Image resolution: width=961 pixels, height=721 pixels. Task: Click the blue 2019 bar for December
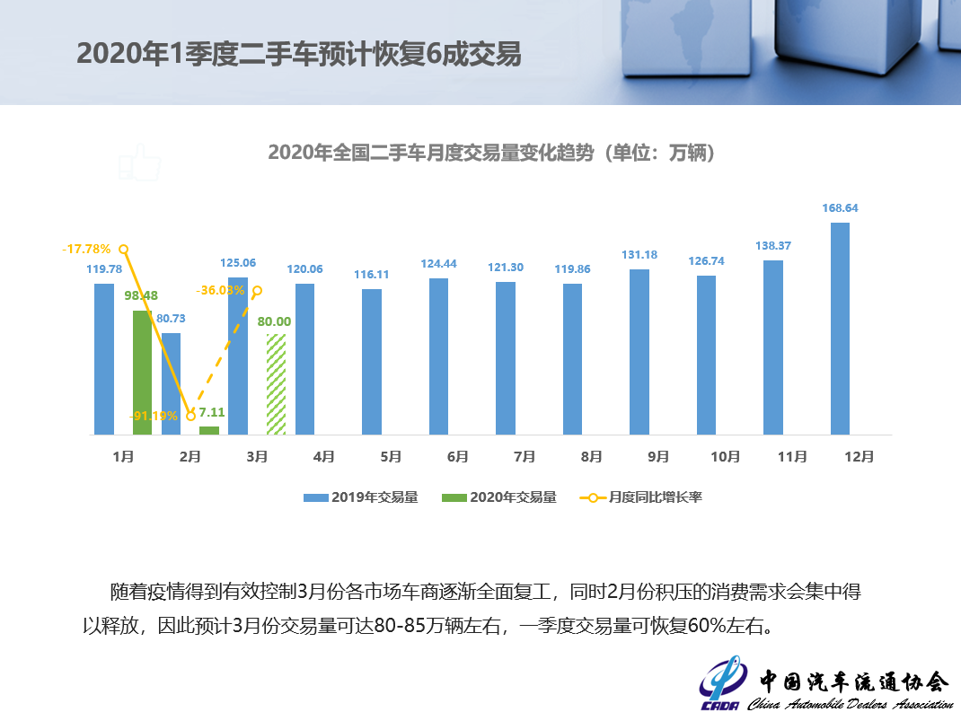(840, 329)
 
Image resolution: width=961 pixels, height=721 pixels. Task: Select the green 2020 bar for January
(142, 373)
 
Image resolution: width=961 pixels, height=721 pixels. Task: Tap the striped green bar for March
(277, 384)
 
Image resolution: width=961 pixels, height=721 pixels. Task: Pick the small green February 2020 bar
(209, 430)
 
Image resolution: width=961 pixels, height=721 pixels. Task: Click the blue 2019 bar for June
(438, 356)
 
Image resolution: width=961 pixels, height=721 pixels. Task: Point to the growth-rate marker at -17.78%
(124, 249)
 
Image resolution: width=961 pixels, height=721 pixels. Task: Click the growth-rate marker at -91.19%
(190, 416)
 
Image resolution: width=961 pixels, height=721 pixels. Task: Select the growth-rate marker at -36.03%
(257, 290)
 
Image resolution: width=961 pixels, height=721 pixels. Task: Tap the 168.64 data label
(840, 208)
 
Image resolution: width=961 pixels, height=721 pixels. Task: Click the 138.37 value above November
(773, 245)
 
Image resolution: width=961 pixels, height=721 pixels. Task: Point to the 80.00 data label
(276, 321)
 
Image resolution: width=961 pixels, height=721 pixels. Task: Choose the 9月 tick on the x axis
(658, 457)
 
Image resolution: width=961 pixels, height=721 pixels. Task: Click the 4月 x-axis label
(324, 457)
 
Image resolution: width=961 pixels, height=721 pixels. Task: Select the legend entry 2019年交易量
(360, 497)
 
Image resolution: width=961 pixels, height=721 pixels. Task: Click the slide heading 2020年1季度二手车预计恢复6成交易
(298, 53)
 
